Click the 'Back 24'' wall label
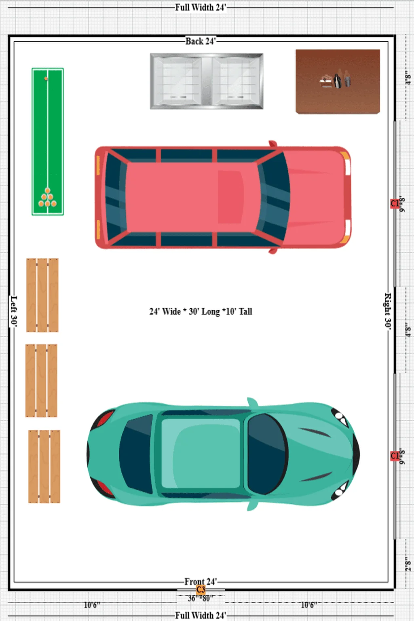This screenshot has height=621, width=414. (201, 41)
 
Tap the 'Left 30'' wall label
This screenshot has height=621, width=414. (14, 311)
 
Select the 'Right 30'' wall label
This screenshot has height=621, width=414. (387, 311)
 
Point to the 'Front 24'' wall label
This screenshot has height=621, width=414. (201, 581)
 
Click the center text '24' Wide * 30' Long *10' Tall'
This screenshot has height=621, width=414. (201, 311)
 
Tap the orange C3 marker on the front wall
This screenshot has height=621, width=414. (201, 589)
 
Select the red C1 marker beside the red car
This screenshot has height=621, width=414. (395, 203)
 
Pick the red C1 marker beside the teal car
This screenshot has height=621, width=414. (395, 456)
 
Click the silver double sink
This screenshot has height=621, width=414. (207, 81)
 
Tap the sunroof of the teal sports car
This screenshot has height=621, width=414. (200, 453)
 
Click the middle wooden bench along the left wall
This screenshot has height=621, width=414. (41, 380)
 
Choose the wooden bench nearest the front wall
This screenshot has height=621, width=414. (44, 467)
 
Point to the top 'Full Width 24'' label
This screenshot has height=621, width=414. (201, 7)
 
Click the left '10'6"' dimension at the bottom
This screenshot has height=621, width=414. (92, 605)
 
